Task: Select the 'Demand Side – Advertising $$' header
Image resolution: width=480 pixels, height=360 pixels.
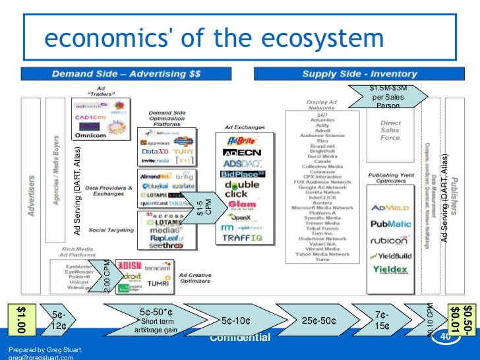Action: pos(118,73)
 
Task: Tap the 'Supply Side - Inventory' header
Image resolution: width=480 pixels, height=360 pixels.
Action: pos(359,73)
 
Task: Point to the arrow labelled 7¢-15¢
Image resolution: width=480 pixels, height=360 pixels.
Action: pos(380,320)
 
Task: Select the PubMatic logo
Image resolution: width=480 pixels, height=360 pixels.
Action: pos(391,224)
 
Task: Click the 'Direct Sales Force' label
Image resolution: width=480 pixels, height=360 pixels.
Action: pos(390,131)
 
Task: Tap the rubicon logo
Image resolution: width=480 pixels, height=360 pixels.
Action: pos(390,241)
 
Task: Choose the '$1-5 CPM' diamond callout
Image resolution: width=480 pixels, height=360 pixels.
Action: pos(204,207)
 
